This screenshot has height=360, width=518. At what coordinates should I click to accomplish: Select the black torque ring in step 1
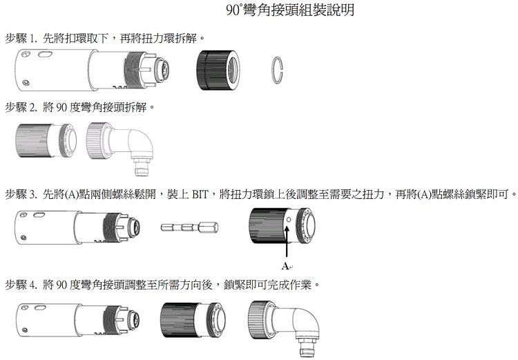(219, 70)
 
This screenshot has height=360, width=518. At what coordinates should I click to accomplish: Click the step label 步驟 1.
(21, 36)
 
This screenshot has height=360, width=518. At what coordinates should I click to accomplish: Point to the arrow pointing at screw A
(285, 242)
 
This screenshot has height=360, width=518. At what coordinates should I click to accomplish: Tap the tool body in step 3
(76, 227)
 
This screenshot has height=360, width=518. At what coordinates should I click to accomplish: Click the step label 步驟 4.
(21, 283)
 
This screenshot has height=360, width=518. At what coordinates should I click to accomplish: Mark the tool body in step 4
(76, 322)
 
